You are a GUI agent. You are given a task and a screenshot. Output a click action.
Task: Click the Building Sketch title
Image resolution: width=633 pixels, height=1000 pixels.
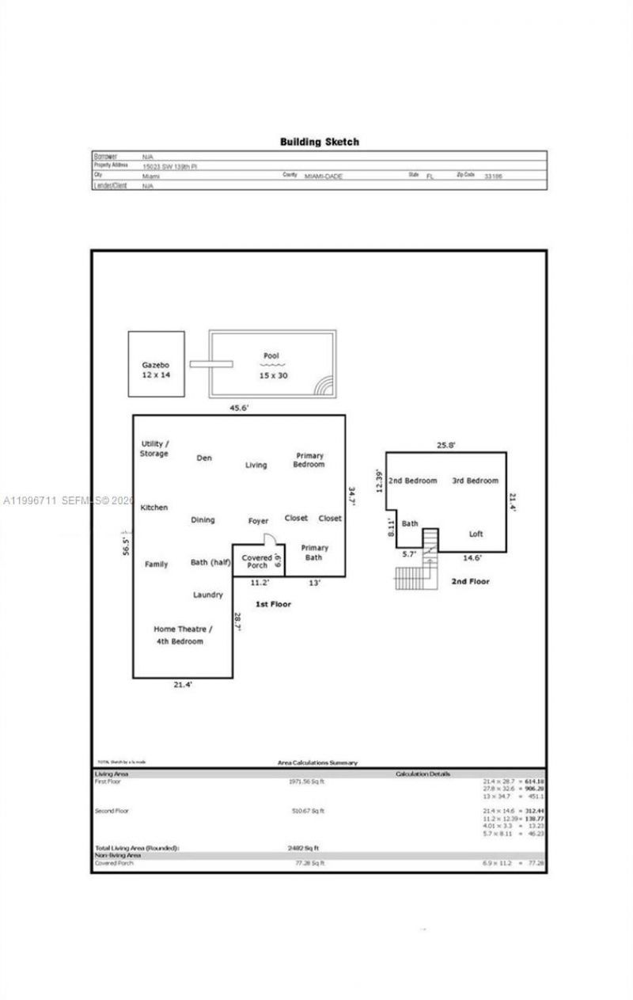coord(319,142)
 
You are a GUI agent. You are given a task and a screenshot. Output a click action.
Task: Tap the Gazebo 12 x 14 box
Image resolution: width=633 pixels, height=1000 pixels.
coord(156,364)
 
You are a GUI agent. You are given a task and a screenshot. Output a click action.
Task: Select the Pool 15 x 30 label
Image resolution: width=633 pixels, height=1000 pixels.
coord(272,365)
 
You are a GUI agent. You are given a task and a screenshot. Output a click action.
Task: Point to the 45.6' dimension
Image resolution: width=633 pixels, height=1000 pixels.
coord(239,408)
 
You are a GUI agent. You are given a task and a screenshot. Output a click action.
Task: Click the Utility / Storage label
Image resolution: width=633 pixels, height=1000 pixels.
coord(154,449)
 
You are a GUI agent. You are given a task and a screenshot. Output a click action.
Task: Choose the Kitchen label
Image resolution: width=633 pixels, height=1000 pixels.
coord(154,508)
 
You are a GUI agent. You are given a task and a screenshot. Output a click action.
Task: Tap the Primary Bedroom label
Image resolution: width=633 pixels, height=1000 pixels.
coord(309,460)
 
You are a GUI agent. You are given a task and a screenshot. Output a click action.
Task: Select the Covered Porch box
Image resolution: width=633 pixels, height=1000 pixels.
coord(258,561)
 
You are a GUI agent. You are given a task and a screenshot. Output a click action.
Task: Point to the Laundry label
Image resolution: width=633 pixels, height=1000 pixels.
coord(208,595)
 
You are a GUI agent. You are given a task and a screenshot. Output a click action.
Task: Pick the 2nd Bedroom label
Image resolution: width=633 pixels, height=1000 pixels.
coord(413,481)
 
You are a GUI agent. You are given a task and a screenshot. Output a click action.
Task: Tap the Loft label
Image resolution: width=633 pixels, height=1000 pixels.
coord(476,534)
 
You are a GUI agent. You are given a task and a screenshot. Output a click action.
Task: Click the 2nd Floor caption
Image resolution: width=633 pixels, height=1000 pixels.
coord(470,581)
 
